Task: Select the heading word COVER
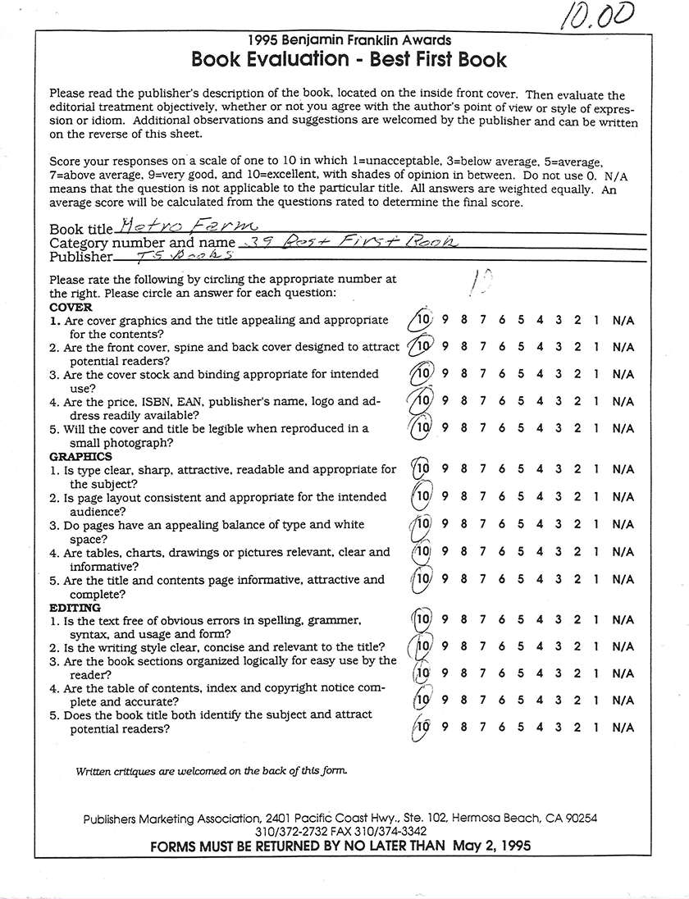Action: coord(71,307)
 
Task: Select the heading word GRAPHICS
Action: coord(80,456)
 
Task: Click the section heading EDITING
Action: coord(75,608)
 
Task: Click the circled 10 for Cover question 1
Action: coord(422,320)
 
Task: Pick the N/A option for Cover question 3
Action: coord(623,374)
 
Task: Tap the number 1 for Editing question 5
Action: coord(597,728)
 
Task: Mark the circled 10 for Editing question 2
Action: coord(422,646)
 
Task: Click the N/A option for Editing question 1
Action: coord(623,620)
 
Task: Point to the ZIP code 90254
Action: coord(579,818)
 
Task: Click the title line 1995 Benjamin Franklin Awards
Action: coord(349,39)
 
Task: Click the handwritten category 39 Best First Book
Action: coord(345,242)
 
